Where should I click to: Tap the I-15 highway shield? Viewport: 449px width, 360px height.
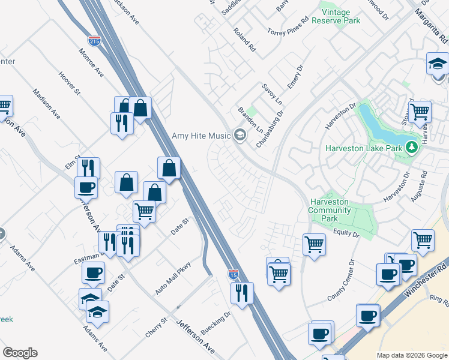point(234,274)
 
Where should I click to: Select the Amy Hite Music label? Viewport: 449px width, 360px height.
point(201,136)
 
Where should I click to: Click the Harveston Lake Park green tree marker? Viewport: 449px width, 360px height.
point(411,147)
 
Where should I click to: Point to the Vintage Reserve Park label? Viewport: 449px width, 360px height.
point(340,16)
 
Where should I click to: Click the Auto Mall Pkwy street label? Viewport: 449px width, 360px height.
point(173,278)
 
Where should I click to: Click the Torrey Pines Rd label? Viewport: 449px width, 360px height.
point(288,25)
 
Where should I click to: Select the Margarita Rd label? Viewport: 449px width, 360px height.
point(432,21)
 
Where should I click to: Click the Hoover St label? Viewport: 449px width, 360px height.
point(69,83)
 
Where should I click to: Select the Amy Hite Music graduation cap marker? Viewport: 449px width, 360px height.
point(240,135)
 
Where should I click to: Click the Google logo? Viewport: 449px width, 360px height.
point(20,353)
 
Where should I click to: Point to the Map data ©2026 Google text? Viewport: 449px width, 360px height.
point(412,355)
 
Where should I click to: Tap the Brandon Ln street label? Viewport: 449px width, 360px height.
point(251,120)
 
